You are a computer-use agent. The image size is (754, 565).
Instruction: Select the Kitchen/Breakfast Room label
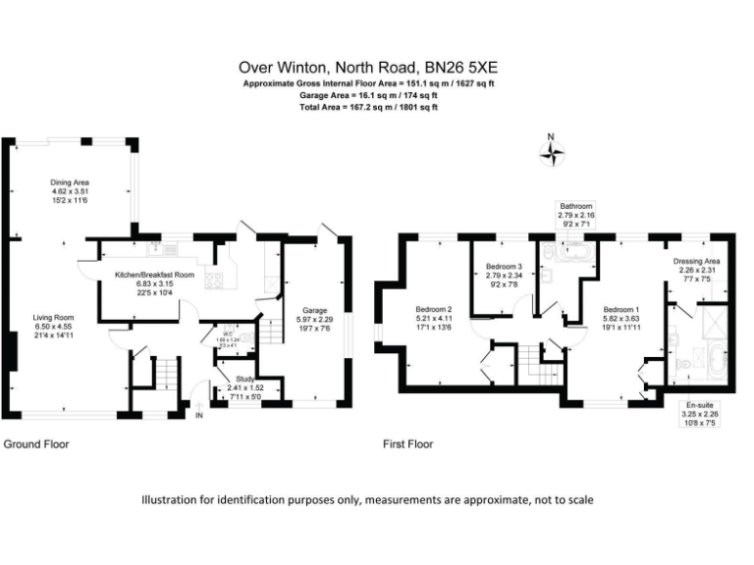tap(153, 276)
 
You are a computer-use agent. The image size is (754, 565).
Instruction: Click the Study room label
tap(240, 380)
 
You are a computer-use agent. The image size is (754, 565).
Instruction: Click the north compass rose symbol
tap(552, 151)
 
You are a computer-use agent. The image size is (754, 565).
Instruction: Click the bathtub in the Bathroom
tap(569, 257)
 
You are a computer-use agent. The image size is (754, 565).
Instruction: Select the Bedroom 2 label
tap(433, 310)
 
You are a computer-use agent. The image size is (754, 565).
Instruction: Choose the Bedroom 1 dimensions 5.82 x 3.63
tap(621, 318)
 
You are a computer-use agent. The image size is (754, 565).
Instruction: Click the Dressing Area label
tap(697, 262)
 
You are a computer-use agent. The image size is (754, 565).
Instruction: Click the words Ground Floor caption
tap(36, 443)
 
